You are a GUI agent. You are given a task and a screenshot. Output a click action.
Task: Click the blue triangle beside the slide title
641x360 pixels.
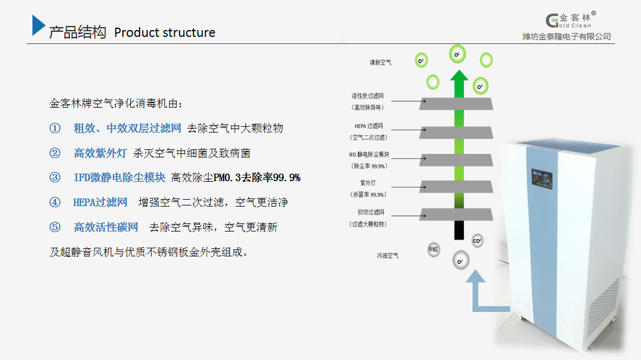coord(38,26)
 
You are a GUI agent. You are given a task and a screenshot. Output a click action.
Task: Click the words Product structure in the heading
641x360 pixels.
coord(164,32)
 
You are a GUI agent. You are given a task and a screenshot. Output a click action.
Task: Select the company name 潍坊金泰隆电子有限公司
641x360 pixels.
coord(566,36)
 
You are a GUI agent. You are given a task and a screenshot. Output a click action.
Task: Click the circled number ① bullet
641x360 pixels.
coord(55,128)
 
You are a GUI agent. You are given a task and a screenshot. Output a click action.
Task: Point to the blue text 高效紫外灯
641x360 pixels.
coord(100,153)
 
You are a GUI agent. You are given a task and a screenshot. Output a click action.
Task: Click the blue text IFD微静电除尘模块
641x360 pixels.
coord(119,177)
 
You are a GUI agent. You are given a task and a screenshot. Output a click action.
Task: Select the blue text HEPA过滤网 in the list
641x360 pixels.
coord(100,202)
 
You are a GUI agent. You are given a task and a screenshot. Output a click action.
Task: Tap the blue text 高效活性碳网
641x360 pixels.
coord(106,227)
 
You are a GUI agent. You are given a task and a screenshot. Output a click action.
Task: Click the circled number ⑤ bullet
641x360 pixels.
coord(55,227)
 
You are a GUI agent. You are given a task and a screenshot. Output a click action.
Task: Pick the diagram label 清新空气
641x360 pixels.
coord(380,62)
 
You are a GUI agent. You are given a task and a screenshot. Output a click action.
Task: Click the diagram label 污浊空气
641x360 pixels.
coord(387,255)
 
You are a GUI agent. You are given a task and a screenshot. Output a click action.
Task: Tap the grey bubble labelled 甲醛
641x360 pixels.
coord(433,249)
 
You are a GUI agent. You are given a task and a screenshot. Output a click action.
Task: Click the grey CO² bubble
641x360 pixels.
coord(477,240)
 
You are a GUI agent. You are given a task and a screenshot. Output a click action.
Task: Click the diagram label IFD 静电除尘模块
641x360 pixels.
coord(369,155)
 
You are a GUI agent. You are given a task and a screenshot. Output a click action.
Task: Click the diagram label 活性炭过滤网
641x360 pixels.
coord(368,95)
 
